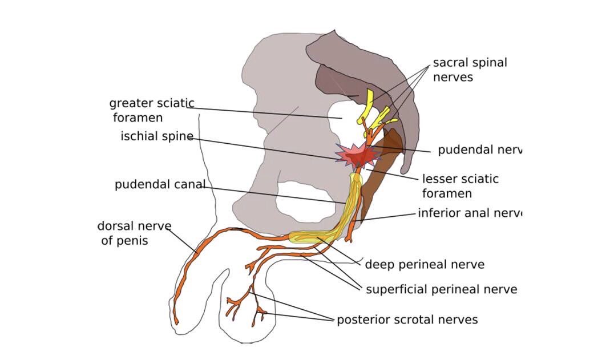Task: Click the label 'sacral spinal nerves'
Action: [x=470, y=70]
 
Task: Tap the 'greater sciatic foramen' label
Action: [x=151, y=111]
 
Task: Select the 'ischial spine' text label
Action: [x=156, y=137]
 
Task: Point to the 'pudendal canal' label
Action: [x=160, y=185]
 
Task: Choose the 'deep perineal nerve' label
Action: [x=425, y=265]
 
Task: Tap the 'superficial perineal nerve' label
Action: [x=441, y=289]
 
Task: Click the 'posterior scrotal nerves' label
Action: [x=407, y=319]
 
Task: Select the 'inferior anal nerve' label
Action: [x=470, y=213]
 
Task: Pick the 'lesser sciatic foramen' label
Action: [x=460, y=186]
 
